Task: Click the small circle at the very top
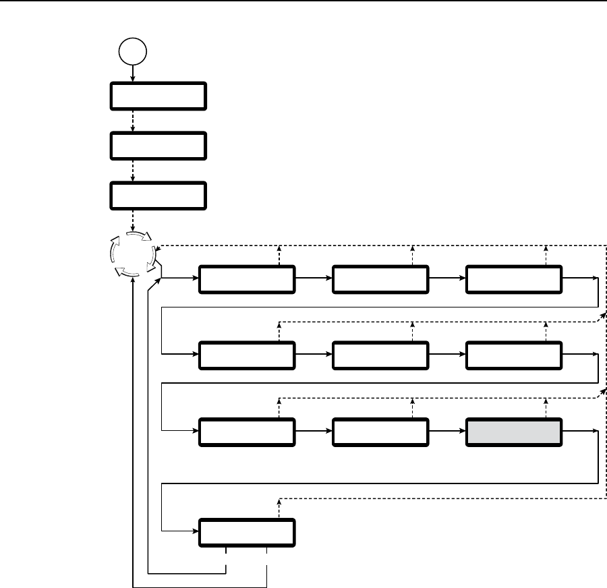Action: click(132, 51)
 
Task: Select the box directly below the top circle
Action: click(156, 96)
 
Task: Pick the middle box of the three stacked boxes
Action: click(156, 145)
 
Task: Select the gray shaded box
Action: click(514, 432)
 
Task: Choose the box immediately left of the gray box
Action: click(380, 432)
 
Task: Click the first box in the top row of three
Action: click(247, 279)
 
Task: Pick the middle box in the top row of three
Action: click(380, 279)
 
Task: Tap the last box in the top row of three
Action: click(514, 279)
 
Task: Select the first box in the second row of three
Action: click(247, 355)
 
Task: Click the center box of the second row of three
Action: click(380, 355)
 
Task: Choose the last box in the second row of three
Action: click(514, 355)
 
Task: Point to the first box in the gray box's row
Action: click(247, 432)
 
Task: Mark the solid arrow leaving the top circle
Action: click(132, 73)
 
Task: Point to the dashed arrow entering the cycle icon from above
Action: click(132, 219)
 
